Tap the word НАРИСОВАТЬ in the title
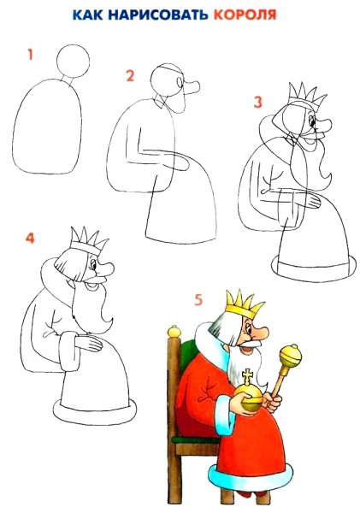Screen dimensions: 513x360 162,15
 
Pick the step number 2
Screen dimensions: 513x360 130,77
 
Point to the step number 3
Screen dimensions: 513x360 257,102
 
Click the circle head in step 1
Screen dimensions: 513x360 72,61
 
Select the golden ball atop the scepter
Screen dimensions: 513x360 291,353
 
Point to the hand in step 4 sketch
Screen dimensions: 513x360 90,345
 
